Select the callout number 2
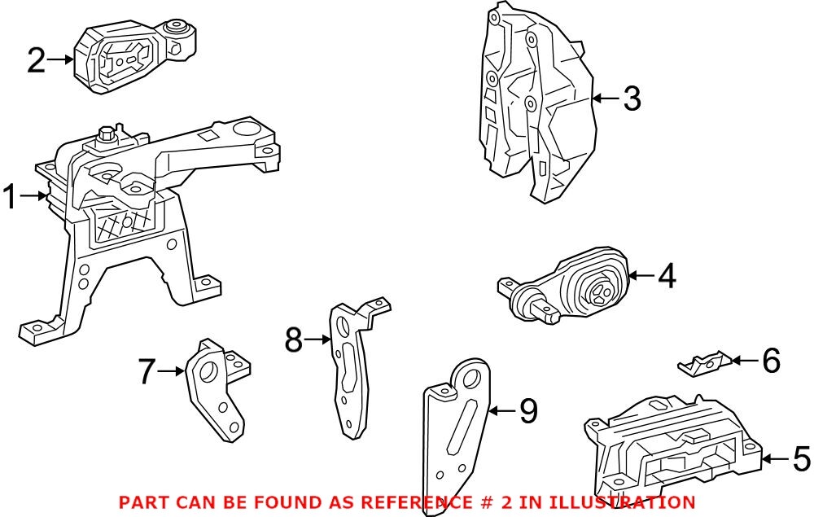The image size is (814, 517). pos(37,59)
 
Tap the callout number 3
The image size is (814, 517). pos(632,99)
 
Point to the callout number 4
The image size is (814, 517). pos(666,276)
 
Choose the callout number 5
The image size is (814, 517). pos(800,459)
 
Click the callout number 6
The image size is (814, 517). pos(770,360)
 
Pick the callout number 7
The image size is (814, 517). pos(147,372)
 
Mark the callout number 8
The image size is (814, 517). pos(294,340)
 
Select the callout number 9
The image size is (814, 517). pos(528,411)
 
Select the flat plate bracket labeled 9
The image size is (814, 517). pos(456,423)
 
